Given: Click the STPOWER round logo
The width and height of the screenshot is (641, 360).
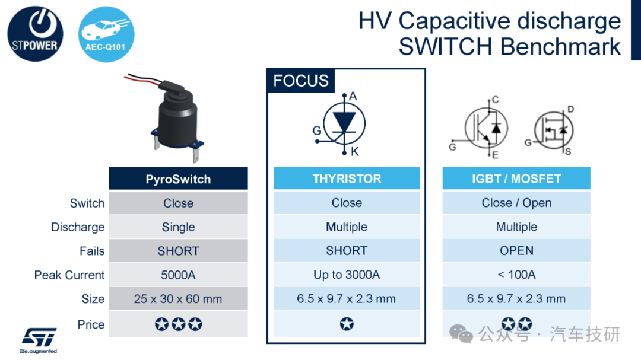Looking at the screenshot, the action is pos(35,34).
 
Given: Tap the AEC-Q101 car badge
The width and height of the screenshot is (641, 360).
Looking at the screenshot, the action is pos(106,34).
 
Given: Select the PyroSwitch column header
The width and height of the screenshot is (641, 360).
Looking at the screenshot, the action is pos(178,179).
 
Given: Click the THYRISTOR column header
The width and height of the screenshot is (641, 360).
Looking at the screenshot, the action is pos(347,179).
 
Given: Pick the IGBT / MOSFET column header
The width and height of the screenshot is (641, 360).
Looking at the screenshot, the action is pos(516,179).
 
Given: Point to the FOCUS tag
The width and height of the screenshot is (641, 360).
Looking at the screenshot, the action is pos(301,81).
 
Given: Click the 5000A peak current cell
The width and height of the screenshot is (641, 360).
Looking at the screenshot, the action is pos(178,275).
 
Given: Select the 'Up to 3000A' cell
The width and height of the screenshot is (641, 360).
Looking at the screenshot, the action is pos(347,275).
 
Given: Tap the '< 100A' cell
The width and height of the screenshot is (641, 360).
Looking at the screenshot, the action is pos(516,275).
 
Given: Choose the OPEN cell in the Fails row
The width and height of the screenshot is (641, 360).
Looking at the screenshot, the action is pos(516,250).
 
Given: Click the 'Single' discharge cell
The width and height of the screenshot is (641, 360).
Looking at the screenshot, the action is pos(178,227).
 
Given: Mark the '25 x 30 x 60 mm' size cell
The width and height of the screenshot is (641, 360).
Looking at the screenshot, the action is pos(178,299).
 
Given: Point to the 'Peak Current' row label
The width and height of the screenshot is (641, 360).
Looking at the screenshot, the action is pos(69,275).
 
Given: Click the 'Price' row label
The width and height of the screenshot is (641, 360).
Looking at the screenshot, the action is pos(91,324).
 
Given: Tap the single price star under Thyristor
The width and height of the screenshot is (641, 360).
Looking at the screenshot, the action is pos(347,324).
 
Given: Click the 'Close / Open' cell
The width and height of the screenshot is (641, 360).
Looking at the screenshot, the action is pos(516,203).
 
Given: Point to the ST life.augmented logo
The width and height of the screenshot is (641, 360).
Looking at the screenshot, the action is pos(39,340).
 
